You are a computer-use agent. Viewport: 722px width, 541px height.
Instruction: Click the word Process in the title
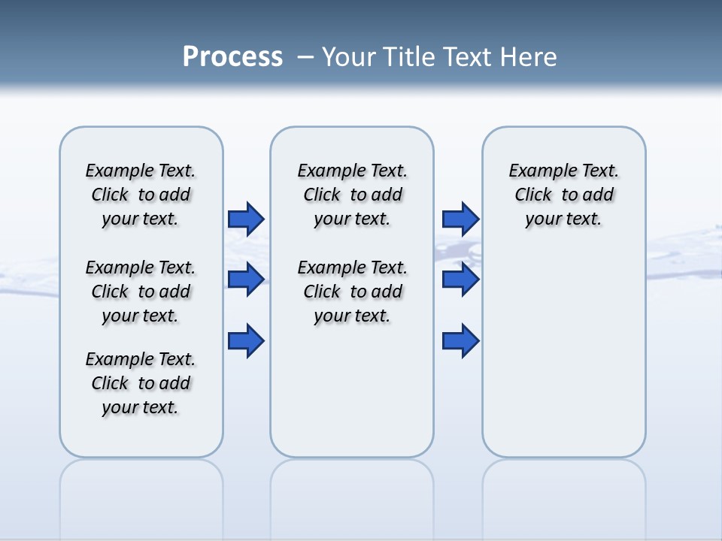pos(232,57)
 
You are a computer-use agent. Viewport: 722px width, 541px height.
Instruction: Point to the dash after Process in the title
pos(305,57)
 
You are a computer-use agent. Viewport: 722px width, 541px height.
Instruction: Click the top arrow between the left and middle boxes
pos(246,219)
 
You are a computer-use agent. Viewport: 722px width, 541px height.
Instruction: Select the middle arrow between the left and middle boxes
pos(246,280)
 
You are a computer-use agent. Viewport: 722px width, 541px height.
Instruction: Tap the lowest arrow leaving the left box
pos(246,340)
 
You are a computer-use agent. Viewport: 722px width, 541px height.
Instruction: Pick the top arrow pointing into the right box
pos(460,219)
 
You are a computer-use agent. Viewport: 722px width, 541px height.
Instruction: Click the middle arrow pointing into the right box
pos(460,280)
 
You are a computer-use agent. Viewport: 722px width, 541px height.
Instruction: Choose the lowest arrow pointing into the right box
pos(460,340)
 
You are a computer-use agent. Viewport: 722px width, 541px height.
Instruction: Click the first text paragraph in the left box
pos(141,195)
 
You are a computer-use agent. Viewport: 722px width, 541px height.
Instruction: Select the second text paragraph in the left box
pos(141,292)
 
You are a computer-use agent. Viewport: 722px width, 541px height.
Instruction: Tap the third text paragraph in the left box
pos(141,383)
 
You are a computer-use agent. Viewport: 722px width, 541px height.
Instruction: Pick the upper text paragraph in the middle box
pos(352,195)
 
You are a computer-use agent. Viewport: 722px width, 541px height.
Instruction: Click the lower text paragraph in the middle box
pos(352,292)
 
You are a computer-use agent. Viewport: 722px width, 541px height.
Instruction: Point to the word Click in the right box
pos(533,195)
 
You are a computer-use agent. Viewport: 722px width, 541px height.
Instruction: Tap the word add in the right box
pos(599,195)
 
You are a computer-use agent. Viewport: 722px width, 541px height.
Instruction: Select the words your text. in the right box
pos(563,219)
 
